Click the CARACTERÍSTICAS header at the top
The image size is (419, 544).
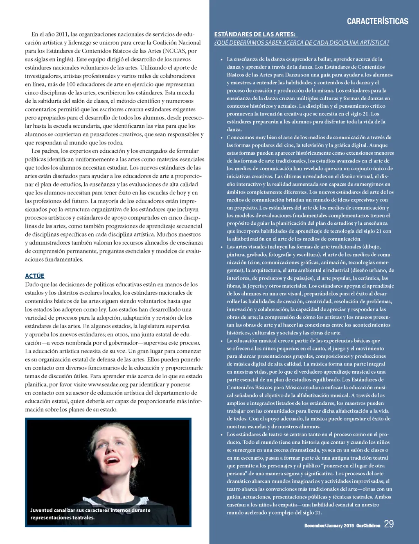(377, 21)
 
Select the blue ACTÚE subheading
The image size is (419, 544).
(35, 276)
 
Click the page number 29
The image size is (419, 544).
(389, 524)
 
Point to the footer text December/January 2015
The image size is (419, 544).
(329, 526)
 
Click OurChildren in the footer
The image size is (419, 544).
(368, 526)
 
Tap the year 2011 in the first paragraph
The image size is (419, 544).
(62, 34)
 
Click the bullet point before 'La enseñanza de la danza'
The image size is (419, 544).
(221, 59)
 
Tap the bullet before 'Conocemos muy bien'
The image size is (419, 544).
(221, 138)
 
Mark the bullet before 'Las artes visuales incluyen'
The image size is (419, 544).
(221, 247)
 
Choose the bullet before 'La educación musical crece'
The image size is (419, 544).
(221, 341)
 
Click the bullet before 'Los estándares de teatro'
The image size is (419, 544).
(221, 434)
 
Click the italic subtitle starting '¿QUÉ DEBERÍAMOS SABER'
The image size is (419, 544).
(302, 43)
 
